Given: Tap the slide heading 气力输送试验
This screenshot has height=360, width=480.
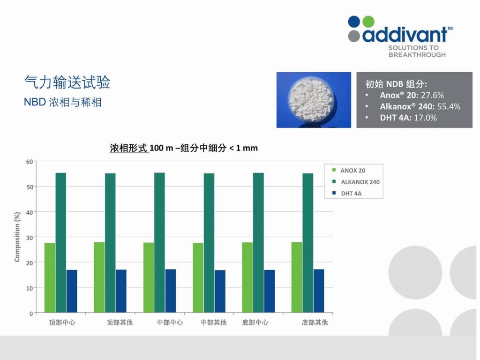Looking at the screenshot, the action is [67, 82].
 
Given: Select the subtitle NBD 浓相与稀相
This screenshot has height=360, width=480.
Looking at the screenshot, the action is [62, 102].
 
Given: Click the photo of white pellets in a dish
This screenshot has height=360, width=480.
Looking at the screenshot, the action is [314, 100].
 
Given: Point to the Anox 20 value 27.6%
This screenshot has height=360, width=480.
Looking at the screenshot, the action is [432, 95].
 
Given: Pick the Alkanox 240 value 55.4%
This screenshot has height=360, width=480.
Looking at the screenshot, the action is [449, 106].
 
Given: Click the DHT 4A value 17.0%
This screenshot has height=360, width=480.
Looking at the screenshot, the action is [425, 118].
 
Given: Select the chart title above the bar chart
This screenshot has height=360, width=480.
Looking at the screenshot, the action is [184, 148].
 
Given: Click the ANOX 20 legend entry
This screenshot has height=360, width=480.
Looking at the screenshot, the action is [349, 171].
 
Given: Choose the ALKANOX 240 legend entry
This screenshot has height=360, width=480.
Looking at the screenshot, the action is [356, 182].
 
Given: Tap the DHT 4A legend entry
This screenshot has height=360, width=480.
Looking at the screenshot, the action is [347, 194].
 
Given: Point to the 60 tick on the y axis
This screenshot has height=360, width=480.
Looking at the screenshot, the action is [30, 162].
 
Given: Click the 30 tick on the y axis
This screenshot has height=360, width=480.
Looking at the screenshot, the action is [30, 238].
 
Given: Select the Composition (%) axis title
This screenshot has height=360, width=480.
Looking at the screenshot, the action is [17, 237].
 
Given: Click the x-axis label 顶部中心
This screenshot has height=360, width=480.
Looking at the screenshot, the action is [62, 322].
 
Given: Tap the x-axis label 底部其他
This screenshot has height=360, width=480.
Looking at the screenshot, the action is [315, 322].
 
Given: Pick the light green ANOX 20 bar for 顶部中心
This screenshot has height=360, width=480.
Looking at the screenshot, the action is [50, 277].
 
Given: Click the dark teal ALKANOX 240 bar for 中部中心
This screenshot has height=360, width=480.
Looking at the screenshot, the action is [159, 243].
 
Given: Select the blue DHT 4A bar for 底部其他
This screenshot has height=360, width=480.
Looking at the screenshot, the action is [319, 291].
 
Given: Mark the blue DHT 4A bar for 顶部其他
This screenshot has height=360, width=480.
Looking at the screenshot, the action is [121, 291].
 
